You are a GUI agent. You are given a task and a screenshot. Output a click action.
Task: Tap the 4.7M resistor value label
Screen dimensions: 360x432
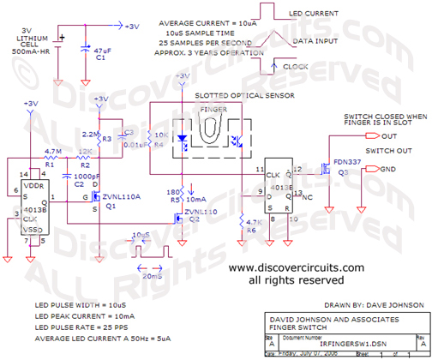[52, 150]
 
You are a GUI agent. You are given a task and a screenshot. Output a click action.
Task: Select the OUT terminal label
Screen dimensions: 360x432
[388, 136]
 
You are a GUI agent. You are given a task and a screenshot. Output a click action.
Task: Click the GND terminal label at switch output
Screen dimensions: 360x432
[388, 169]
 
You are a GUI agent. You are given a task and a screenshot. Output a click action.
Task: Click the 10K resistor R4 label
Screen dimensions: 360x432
[159, 135]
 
